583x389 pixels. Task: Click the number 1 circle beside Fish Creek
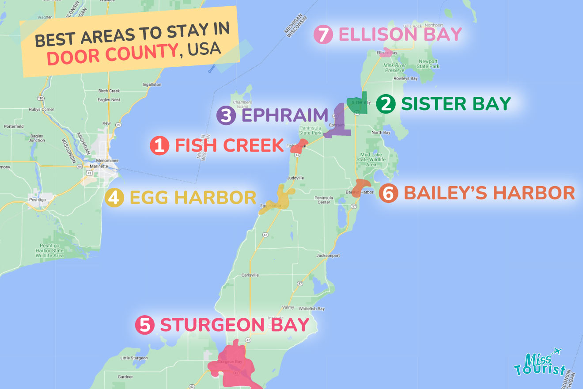click(159, 145)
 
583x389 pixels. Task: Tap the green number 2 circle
click(386, 104)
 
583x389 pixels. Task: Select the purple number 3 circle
click(226, 116)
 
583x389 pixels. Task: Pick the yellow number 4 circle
click(114, 198)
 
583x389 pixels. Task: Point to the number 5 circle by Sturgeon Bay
click(144, 325)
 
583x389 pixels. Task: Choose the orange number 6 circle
click(388, 193)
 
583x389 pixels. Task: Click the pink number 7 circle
click(323, 35)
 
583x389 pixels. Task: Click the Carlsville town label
click(250, 275)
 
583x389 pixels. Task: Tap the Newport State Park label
click(428, 64)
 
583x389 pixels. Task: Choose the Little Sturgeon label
click(131, 358)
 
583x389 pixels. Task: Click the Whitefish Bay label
click(312, 309)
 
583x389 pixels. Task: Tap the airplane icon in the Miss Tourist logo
click(556, 351)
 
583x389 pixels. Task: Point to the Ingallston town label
click(151, 84)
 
